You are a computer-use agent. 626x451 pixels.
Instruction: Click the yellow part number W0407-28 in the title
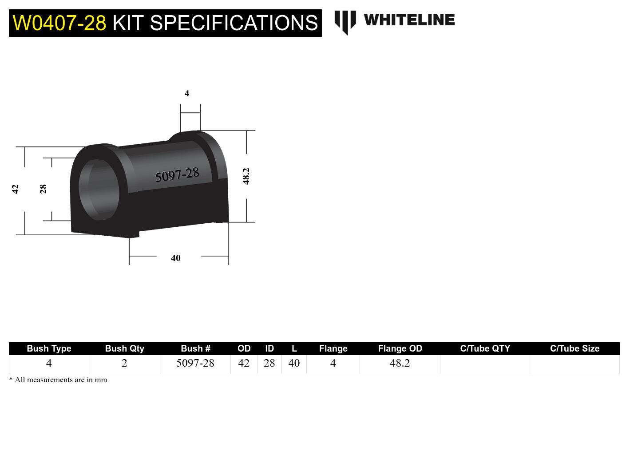click(59, 23)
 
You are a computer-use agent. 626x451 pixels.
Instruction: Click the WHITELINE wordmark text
click(409, 20)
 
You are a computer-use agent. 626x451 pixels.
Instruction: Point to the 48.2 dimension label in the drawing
click(246, 176)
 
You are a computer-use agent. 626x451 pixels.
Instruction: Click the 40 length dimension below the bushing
click(176, 258)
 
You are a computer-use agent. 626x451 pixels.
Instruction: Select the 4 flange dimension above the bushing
click(187, 93)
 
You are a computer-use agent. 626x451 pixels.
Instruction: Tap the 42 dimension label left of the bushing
click(16, 189)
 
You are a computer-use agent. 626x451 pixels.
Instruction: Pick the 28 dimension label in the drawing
click(43, 189)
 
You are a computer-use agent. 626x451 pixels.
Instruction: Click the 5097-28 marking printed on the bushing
click(177, 175)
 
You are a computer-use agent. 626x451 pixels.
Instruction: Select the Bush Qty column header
click(124, 348)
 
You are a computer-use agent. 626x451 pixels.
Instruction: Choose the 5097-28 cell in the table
click(195, 363)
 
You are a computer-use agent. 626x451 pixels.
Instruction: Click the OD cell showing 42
click(244, 363)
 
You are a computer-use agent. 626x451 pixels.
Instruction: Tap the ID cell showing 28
click(269, 363)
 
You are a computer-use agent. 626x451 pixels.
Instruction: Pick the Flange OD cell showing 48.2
click(400, 363)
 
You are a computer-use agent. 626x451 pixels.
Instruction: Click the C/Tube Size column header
click(574, 348)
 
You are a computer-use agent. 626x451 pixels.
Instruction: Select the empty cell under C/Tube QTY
click(485, 364)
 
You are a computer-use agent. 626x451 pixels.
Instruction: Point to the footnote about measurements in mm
click(58, 380)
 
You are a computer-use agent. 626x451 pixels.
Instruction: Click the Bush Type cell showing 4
click(49, 363)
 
